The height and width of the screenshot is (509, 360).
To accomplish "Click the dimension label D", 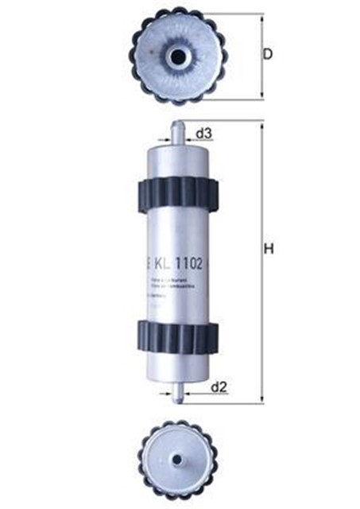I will tap(268, 54).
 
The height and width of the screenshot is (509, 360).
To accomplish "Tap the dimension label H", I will tap(269, 249).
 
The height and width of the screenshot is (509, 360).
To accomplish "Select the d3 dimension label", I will tap(203, 134).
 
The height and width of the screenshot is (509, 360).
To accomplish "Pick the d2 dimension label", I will tap(220, 387).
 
